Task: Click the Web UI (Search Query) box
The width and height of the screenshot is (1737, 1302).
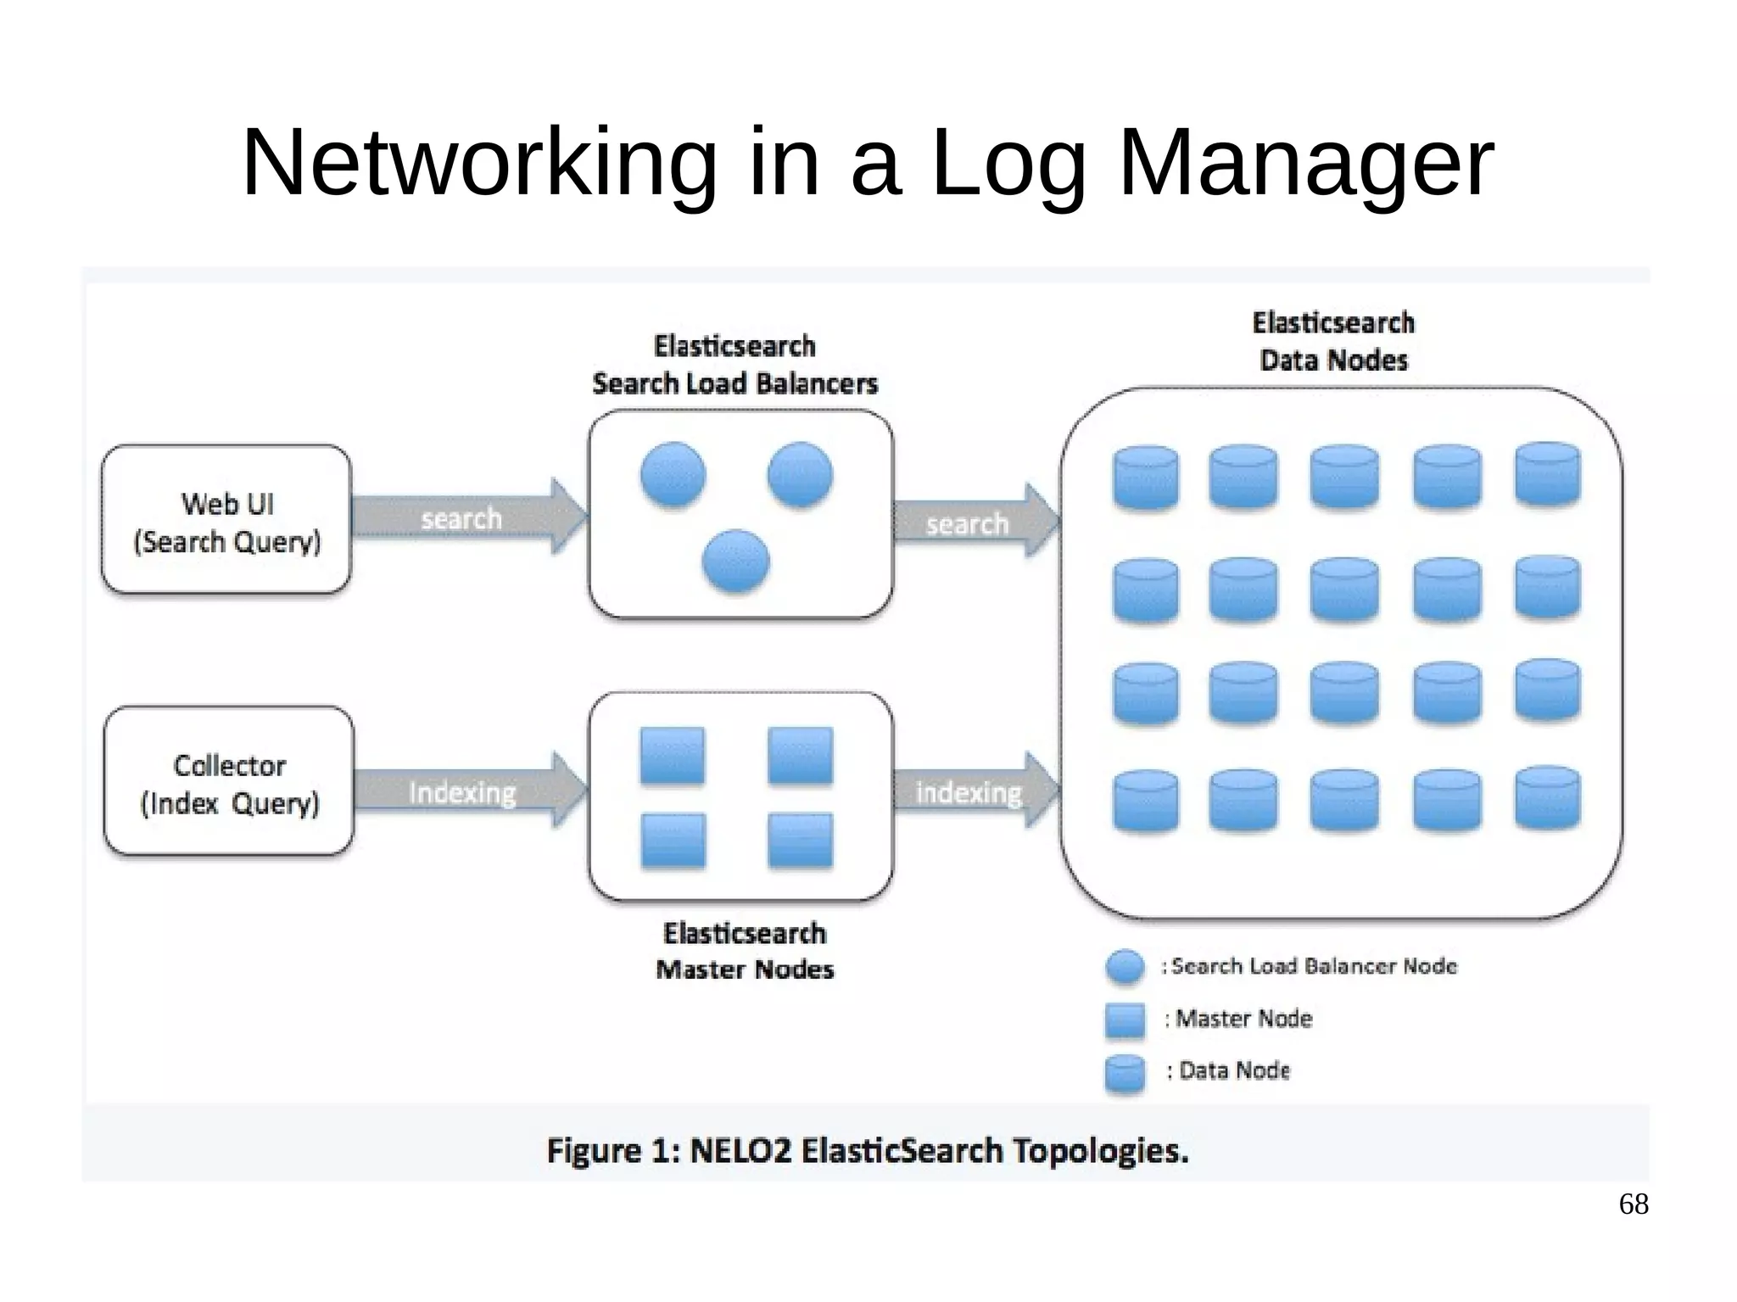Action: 226,520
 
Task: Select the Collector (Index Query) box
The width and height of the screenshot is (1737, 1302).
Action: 229,781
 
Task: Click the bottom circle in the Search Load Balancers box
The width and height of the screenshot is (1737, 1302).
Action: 735,561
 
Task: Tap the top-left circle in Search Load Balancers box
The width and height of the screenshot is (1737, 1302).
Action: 673,475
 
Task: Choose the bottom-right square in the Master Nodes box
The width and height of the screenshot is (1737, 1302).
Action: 800,840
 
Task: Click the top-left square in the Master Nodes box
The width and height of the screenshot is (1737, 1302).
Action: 673,755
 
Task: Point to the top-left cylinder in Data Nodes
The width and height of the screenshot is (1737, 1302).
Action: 1145,478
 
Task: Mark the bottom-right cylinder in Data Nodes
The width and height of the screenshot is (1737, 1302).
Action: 1547,797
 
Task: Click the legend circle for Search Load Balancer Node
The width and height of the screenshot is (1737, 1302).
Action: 1125,967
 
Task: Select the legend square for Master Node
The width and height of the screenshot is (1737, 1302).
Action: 1125,1020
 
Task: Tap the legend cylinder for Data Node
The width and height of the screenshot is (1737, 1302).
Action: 1125,1074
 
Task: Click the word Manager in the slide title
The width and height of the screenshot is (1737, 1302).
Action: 1305,163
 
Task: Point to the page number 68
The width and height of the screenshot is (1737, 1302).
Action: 1633,1204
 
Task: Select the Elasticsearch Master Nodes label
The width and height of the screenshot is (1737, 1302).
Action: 745,951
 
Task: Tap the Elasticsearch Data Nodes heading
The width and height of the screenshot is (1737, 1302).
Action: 1333,341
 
